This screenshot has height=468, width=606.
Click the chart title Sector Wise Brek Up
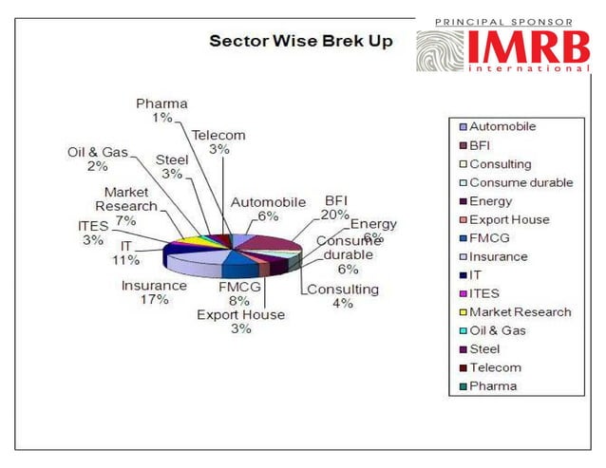click(x=300, y=42)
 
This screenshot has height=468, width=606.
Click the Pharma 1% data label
click(x=161, y=110)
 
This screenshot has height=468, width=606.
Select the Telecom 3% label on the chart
click(x=218, y=141)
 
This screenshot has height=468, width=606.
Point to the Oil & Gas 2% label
click(x=98, y=159)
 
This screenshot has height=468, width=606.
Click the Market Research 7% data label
click(x=124, y=206)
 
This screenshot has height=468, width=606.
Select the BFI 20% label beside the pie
click(x=336, y=208)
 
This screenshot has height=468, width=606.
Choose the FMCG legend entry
click(x=491, y=238)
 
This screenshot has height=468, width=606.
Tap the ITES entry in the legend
click(x=486, y=293)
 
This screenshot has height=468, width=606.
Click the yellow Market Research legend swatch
click(x=463, y=312)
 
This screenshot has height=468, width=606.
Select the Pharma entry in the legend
click(x=493, y=385)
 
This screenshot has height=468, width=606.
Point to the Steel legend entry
click(x=486, y=348)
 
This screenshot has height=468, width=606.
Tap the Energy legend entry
click(x=490, y=201)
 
